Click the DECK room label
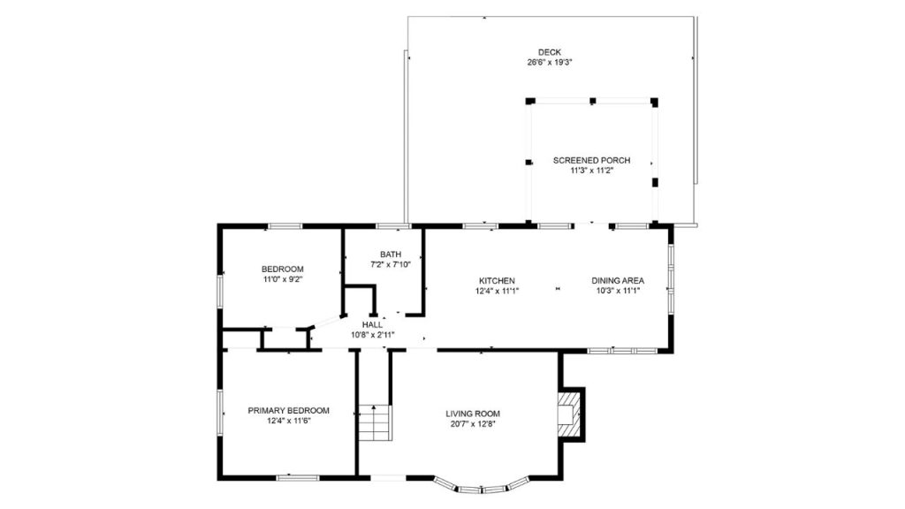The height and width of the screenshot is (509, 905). (549, 52)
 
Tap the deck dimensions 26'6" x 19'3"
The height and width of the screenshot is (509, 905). (549, 63)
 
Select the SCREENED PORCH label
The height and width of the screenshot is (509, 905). (591, 160)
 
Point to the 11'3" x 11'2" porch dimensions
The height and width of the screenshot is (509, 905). (591, 171)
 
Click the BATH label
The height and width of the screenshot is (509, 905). (390, 254)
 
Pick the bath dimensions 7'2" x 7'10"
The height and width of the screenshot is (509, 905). (390, 264)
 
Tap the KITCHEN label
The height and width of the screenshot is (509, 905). (497, 280)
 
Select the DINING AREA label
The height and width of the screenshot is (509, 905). (618, 280)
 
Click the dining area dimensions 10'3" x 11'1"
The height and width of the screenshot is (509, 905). (618, 291)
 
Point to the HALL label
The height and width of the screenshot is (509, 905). (372, 324)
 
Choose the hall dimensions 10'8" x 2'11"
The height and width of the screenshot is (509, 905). (372, 335)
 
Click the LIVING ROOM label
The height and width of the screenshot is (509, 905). (472, 413)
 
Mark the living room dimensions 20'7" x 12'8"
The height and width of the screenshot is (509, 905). (472, 423)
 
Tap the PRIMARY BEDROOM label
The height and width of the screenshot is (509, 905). (288, 410)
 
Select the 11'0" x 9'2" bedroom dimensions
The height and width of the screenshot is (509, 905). (282, 279)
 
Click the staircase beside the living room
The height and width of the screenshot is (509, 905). (374, 422)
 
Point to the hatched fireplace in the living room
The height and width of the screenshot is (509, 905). (572, 413)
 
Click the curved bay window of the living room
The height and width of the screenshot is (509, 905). (482, 485)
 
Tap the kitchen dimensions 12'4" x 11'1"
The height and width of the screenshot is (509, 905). (497, 291)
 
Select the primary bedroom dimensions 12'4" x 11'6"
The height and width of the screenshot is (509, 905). (288, 421)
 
